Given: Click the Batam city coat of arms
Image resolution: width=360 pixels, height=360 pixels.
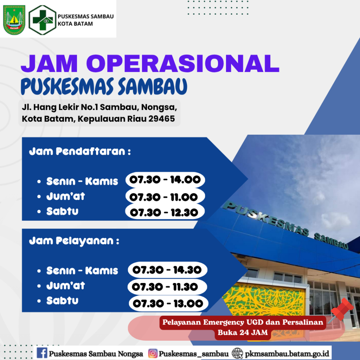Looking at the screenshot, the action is pyautogui.click(x=14, y=20).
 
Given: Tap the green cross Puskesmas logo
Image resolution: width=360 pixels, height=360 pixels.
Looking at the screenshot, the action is pyautogui.click(x=43, y=20).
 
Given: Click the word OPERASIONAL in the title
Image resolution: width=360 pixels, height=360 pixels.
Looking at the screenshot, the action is pyautogui.click(x=182, y=64).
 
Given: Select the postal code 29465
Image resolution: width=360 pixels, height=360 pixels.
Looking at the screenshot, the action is pyautogui.click(x=162, y=119).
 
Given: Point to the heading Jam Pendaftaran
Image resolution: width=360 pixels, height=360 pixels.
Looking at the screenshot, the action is pyautogui.click(x=80, y=152).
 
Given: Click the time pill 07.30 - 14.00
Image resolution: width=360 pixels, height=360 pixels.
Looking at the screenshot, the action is pyautogui.click(x=165, y=180).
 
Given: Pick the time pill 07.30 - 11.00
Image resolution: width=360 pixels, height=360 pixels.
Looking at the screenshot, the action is pyautogui.click(x=165, y=197).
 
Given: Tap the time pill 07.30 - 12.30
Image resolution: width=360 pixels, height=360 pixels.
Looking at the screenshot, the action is pyautogui.click(x=165, y=212).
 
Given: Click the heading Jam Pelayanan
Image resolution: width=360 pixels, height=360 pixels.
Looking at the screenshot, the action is pyautogui.click(x=74, y=241).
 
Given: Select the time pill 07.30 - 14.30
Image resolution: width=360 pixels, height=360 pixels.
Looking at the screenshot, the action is pyautogui.click(x=168, y=270).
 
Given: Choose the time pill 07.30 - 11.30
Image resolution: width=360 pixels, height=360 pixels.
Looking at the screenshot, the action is pyautogui.click(x=167, y=287).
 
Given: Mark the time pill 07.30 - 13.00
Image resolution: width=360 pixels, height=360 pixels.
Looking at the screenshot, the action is pyautogui.click(x=168, y=303).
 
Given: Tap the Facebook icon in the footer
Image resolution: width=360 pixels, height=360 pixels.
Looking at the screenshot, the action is pyautogui.click(x=42, y=353).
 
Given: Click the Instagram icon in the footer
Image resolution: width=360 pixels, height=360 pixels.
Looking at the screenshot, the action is pyautogui.click(x=153, y=353).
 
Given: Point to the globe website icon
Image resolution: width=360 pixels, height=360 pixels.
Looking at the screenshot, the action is pyautogui.click(x=237, y=353).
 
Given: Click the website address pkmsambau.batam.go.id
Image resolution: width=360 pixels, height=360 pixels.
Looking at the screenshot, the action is pyautogui.click(x=287, y=353).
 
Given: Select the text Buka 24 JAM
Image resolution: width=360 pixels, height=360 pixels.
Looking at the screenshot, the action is pyautogui.click(x=243, y=332).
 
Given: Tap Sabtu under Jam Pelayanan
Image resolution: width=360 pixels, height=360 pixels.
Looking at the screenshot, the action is pyautogui.click(x=63, y=301).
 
